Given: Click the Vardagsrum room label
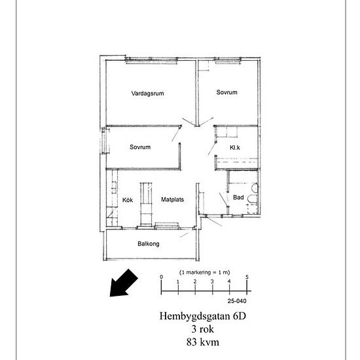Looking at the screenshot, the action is [148, 94].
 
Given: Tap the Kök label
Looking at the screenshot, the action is [128, 200].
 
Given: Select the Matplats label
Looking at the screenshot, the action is [172, 200].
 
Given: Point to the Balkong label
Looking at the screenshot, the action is [149, 243].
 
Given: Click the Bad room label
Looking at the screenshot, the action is [238, 197].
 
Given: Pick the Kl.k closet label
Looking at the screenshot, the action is [235, 147].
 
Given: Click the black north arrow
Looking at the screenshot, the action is [123, 283].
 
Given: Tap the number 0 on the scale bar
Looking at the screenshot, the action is [162, 277].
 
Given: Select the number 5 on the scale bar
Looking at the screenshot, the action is [247, 277].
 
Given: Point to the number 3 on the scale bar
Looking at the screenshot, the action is [212, 281].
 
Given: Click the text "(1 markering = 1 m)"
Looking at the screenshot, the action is [205, 272].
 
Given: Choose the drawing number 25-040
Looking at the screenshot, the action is [237, 301].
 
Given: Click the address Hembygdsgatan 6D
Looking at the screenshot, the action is [203, 316].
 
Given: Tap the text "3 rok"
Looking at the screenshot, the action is [203, 329].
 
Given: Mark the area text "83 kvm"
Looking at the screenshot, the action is [203, 342].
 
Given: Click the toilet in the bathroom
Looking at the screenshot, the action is [252, 199].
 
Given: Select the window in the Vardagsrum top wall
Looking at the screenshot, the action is [152, 60].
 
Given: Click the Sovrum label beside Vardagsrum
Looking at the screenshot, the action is [227, 92].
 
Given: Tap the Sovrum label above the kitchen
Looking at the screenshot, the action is [140, 147].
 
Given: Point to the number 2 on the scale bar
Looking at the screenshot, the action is [195, 281].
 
